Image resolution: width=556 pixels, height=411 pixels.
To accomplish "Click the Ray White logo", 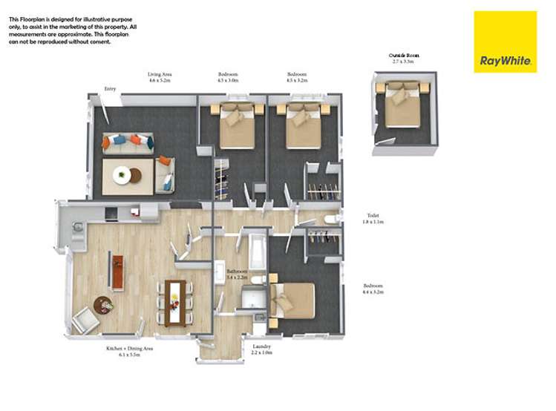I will (x=505, y=42).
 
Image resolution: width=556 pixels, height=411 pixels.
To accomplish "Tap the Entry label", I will (x=110, y=89).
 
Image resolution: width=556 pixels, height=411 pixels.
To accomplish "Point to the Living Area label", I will (x=159, y=76).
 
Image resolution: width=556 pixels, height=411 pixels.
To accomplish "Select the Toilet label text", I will (x=371, y=218).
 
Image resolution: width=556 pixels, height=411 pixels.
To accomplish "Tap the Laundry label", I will (x=261, y=349).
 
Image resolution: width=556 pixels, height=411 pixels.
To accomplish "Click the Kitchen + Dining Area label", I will (x=129, y=351).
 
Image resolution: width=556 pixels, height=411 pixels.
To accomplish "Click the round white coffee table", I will (x=126, y=176).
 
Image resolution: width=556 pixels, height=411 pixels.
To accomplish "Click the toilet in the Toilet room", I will (x=331, y=218).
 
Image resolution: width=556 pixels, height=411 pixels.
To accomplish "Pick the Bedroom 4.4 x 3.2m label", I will (x=373, y=289).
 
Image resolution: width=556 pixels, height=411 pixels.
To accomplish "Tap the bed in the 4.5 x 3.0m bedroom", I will (x=238, y=124).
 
